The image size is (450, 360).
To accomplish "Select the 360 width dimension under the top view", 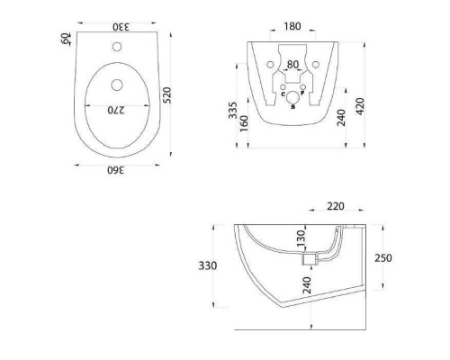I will [x=117, y=169].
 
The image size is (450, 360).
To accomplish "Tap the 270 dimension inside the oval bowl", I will [x=116, y=110].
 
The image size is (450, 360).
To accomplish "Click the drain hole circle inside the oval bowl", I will [x=118, y=86].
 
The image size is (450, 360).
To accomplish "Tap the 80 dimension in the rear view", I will [x=291, y=64].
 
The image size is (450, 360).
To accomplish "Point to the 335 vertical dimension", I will [x=234, y=111].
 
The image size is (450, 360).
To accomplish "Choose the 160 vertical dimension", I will [x=245, y=123].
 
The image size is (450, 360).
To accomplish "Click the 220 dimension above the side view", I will [x=336, y=206].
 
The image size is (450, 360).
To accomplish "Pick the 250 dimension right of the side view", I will [x=383, y=257].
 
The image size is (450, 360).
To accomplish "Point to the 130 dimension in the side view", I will [x=302, y=238].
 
